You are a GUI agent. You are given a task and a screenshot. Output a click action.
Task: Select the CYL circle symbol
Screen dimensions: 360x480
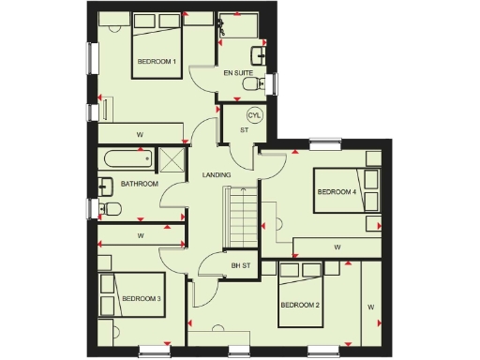point(252,115)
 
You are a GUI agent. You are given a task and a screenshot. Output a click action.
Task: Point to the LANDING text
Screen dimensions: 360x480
point(217,175)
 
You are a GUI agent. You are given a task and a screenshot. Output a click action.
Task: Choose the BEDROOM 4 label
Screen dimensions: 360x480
point(337,192)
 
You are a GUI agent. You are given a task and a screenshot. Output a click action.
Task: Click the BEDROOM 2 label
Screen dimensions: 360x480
point(300,306)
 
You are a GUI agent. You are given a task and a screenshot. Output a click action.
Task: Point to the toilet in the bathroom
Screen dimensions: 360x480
point(110,208)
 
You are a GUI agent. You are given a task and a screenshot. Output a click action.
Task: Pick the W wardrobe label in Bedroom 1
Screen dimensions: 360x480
point(140,133)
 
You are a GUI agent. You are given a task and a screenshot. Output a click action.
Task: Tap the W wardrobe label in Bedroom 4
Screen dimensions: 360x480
point(335,247)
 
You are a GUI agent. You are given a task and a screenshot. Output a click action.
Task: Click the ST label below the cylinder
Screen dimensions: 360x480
point(244,130)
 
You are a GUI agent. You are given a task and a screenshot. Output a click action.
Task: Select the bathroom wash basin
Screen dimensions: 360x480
point(105,185)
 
